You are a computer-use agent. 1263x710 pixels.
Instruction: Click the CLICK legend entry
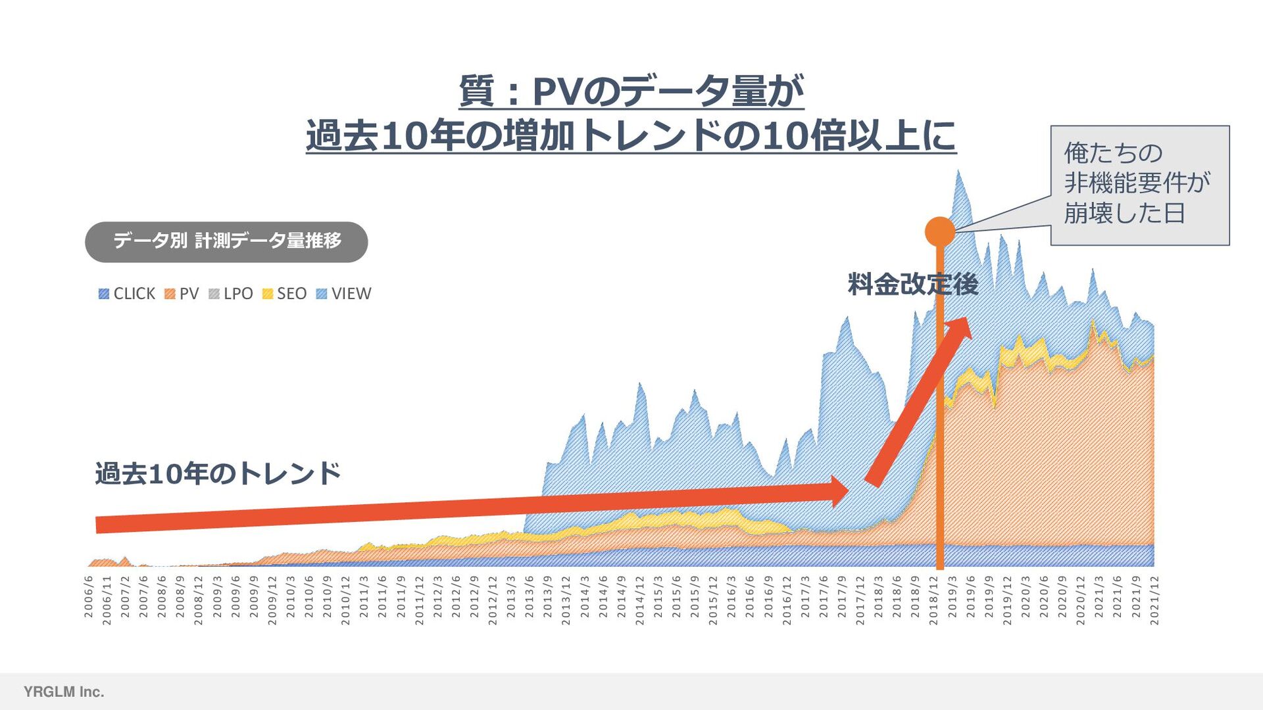[127, 293]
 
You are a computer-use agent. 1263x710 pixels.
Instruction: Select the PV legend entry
[182, 293]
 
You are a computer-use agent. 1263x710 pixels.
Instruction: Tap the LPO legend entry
[231, 293]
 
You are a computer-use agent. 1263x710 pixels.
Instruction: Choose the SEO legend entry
[284, 293]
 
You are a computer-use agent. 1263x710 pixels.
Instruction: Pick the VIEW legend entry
[343, 293]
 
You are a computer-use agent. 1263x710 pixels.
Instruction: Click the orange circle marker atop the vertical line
[940, 231]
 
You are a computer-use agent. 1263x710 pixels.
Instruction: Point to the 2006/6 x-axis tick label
[89, 596]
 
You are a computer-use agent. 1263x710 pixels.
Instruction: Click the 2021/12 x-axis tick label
[1154, 600]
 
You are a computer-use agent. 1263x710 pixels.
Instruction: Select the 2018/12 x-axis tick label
[933, 600]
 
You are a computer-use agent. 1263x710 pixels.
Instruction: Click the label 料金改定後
[912, 284]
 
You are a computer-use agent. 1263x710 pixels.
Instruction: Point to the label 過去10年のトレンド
[218, 473]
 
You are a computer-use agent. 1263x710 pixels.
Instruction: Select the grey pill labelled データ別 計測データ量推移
[226, 241]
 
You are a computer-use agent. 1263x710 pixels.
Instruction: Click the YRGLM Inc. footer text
[64, 692]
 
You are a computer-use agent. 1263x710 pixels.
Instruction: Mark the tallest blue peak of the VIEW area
[958, 172]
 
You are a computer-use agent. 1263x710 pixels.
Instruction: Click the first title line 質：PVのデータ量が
[631, 91]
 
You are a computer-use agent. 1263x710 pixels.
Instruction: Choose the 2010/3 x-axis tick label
[291, 596]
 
